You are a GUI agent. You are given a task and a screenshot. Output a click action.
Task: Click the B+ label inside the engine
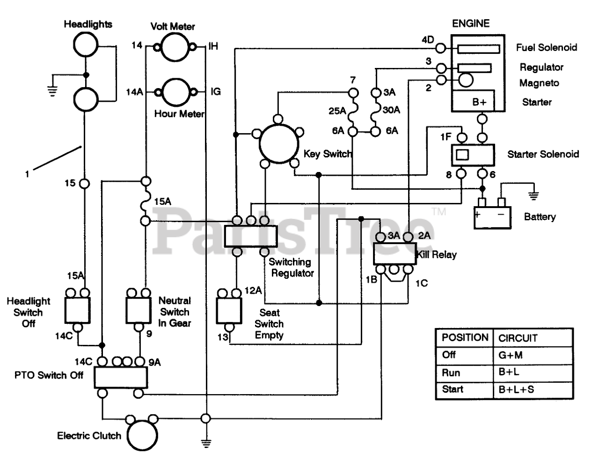click(479, 102)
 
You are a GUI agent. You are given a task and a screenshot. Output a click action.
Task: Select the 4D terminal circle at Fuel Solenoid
click(441, 48)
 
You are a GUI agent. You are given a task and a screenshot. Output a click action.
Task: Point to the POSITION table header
click(465, 337)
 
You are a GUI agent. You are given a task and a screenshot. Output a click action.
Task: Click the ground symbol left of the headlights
click(52, 91)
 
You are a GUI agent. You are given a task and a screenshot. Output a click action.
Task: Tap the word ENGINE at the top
click(471, 23)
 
